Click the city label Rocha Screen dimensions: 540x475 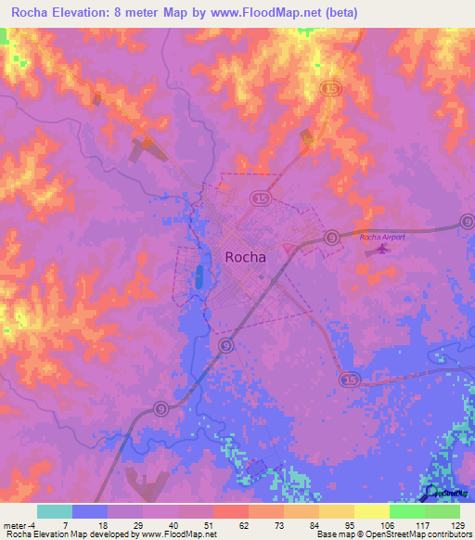pyautogui.click(x=245, y=258)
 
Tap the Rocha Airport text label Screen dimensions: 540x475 pyautogui.click(x=383, y=237)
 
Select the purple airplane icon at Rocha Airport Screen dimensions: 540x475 pyautogui.click(x=374, y=249)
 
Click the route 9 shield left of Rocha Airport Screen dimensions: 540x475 pyautogui.click(x=330, y=238)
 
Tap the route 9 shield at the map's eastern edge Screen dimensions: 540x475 pyautogui.click(x=467, y=222)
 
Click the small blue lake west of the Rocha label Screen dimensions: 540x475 pyautogui.click(x=199, y=276)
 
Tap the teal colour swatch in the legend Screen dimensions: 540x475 pyautogui.click(x=54, y=511)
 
